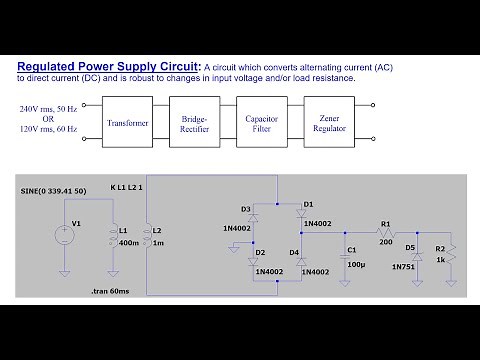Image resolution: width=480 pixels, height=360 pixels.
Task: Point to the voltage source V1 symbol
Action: point(63,236)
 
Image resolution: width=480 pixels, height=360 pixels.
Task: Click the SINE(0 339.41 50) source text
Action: point(52,190)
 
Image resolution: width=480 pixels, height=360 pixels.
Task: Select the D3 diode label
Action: point(246,209)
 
